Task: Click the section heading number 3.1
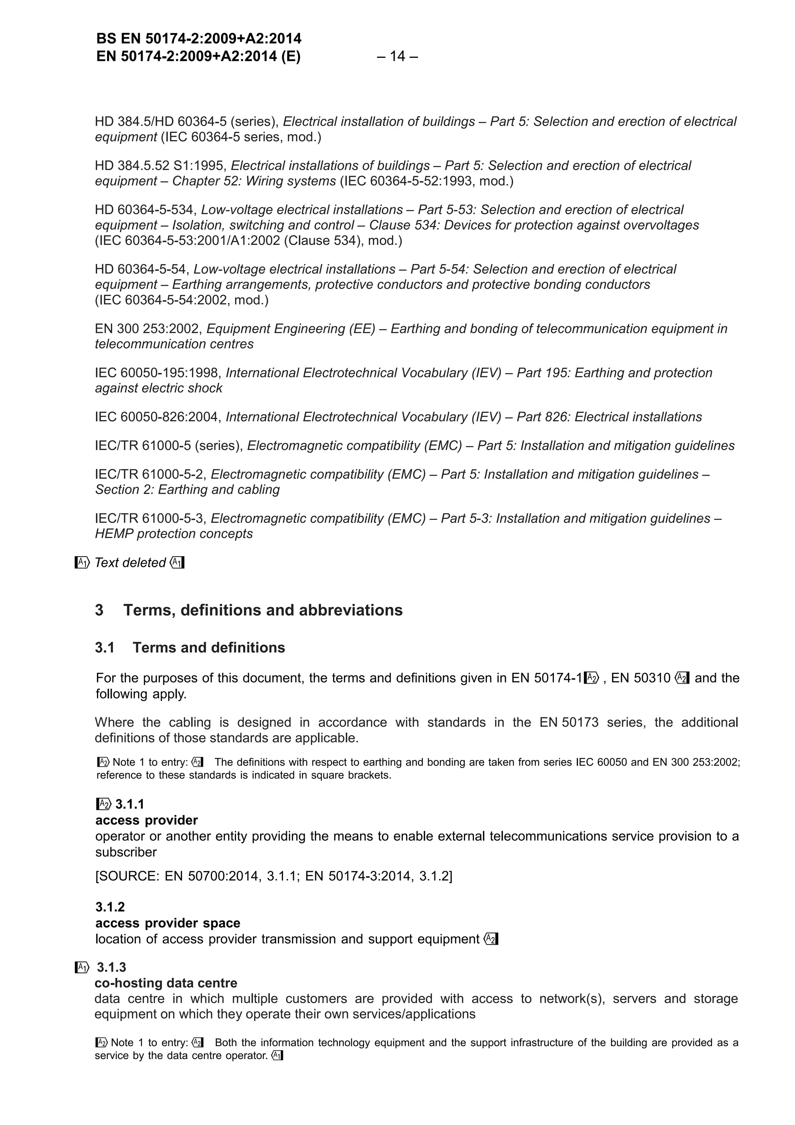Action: pyautogui.click(x=104, y=648)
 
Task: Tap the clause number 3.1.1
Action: pyautogui.click(x=129, y=804)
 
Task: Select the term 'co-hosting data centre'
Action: pyautogui.click(x=166, y=983)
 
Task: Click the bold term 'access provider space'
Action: pyautogui.click(x=168, y=923)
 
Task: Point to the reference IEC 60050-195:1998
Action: pyautogui.click(x=158, y=373)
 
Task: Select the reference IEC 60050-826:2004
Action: pyautogui.click(x=158, y=417)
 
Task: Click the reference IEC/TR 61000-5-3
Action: pyautogui.click(x=150, y=518)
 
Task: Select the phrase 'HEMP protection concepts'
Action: pyautogui.click(x=174, y=534)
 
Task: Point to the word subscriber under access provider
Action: pyautogui.click(x=126, y=852)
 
